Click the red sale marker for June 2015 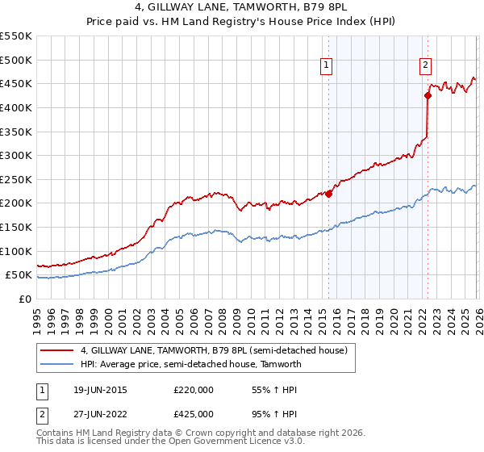click(329, 194)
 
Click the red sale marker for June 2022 click(428, 96)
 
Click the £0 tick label click(24, 299)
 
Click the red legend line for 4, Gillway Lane click(58, 350)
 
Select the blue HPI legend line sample click(58, 364)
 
